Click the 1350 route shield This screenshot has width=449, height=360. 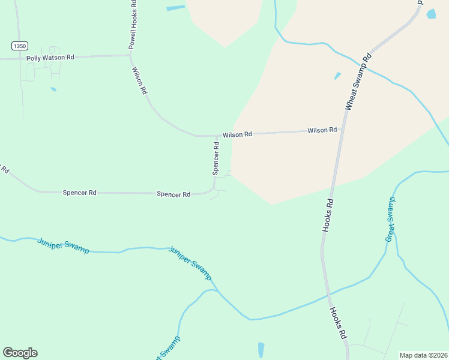pyautogui.click(x=19, y=46)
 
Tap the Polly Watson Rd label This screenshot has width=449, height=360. pyautogui.click(x=50, y=58)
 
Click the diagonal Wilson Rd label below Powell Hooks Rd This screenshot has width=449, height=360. pyautogui.click(x=139, y=81)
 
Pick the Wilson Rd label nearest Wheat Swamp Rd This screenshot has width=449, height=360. pyautogui.click(x=322, y=130)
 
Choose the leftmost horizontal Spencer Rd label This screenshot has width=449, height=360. pyautogui.click(x=79, y=193)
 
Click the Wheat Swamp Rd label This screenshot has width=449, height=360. pyautogui.click(x=358, y=82)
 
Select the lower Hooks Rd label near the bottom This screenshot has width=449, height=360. pyautogui.click(x=338, y=324)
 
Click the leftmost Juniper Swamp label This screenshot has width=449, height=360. pyautogui.click(x=63, y=246)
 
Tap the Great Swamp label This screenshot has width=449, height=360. pyautogui.click(x=390, y=220)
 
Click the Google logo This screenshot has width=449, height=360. pyautogui.click(x=20, y=353)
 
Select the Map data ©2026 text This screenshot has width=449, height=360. pyautogui.click(x=423, y=355)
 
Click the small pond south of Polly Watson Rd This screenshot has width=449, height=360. pyautogui.click(x=53, y=89)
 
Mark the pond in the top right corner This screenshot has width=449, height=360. pyautogui.click(x=431, y=14)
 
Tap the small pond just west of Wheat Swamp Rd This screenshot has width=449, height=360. pyautogui.click(x=337, y=76)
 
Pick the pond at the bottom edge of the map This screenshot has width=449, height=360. pyautogui.click(x=261, y=350)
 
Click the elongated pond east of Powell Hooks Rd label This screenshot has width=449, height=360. pyautogui.click(x=175, y=8)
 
